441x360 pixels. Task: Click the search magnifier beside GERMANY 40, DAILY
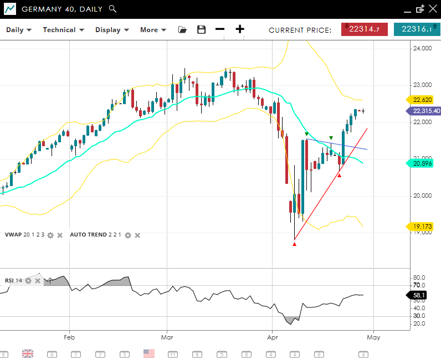click(112, 9)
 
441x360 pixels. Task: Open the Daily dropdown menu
click(19, 30)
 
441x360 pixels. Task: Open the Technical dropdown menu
click(63, 30)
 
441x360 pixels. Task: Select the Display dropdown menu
click(112, 30)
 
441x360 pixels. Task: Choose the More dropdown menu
click(153, 30)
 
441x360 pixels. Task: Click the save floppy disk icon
click(201, 30)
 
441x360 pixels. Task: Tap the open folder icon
click(182, 30)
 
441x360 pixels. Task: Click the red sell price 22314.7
click(364, 29)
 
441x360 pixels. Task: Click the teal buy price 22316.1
click(416, 29)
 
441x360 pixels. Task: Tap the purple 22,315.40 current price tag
click(426, 111)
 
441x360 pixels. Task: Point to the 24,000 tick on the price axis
click(422, 49)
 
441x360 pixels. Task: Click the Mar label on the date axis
click(167, 337)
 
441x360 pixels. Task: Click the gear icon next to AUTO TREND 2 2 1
click(128, 235)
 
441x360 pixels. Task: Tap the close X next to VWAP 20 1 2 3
click(60, 235)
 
